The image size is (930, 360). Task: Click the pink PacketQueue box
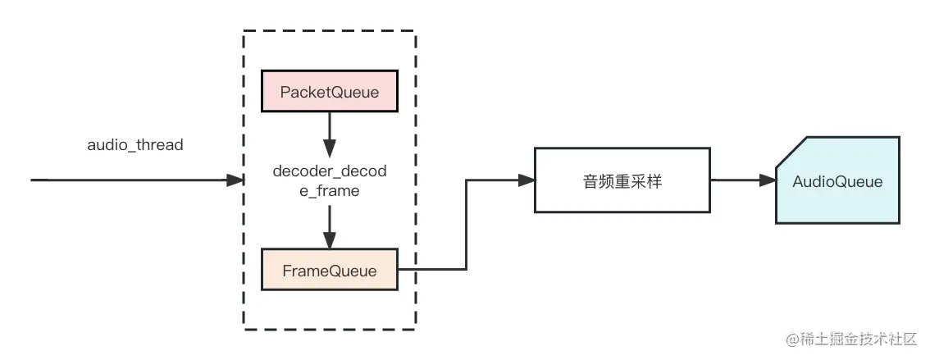click(x=330, y=92)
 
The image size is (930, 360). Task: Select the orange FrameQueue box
click(x=330, y=271)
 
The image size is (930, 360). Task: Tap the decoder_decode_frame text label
click(x=329, y=181)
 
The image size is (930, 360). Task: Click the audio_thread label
click(x=135, y=145)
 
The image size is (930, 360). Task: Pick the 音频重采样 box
click(x=622, y=181)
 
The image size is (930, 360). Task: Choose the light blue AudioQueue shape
click(x=837, y=181)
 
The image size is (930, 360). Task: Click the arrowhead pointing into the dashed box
click(x=236, y=180)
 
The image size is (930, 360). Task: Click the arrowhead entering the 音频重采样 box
click(x=526, y=180)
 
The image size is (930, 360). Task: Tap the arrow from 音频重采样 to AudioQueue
click(x=742, y=180)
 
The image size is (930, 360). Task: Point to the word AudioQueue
click(x=837, y=181)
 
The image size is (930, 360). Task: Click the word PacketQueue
click(x=330, y=92)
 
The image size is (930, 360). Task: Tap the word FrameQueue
click(x=330, y=271)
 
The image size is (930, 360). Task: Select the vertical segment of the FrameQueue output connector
click(x=466, y=225)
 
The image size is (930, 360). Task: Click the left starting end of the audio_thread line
click(x=33, y=180)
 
